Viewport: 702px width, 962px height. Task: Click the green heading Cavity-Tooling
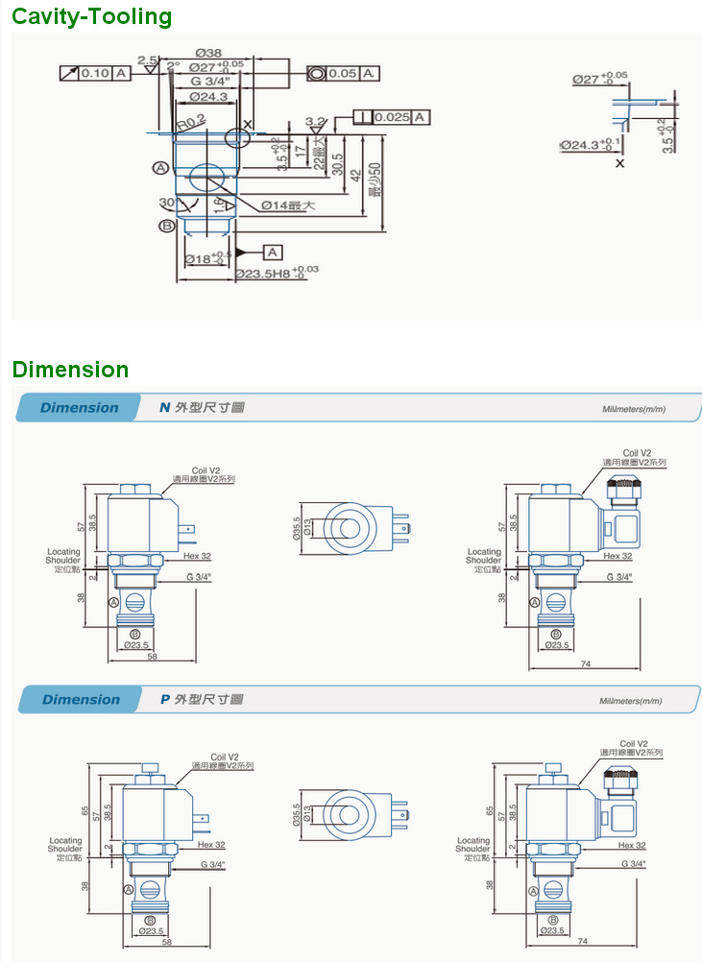tap(92, 16)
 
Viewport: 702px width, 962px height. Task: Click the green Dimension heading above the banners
tap(70, 370)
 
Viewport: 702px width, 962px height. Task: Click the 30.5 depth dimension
tap(336, 163)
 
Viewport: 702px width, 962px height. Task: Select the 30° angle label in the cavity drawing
tap(168, 202)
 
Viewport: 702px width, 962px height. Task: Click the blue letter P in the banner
tap(165, 699)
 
